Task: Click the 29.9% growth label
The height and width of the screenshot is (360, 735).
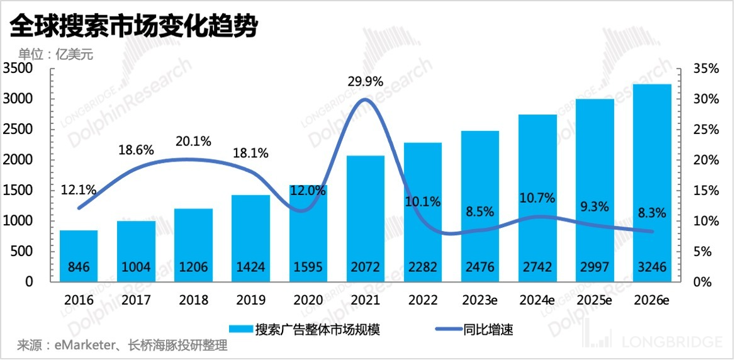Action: pyautogui.click(x=366, y=82)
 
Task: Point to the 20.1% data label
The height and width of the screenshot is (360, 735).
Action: pyautogui.click(x=193, y=142)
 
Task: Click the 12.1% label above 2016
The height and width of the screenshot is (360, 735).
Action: pyautogui.click(x=78, y=189)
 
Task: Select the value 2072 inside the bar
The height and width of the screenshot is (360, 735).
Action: pyautogui.click(x=366, y=267)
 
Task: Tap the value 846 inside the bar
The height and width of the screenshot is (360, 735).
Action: pyautogui.click(x=79, y=267)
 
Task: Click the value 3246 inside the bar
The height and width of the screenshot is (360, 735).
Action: pyautogui.click(x=652, y=267)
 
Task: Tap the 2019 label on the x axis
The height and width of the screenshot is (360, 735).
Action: pyautogui.click(x=250, y=300)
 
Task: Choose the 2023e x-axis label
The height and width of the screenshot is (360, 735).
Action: pyautogui.click(x=480, y=300)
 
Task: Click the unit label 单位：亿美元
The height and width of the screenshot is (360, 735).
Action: pyautogui.click(x=55, y=54)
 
